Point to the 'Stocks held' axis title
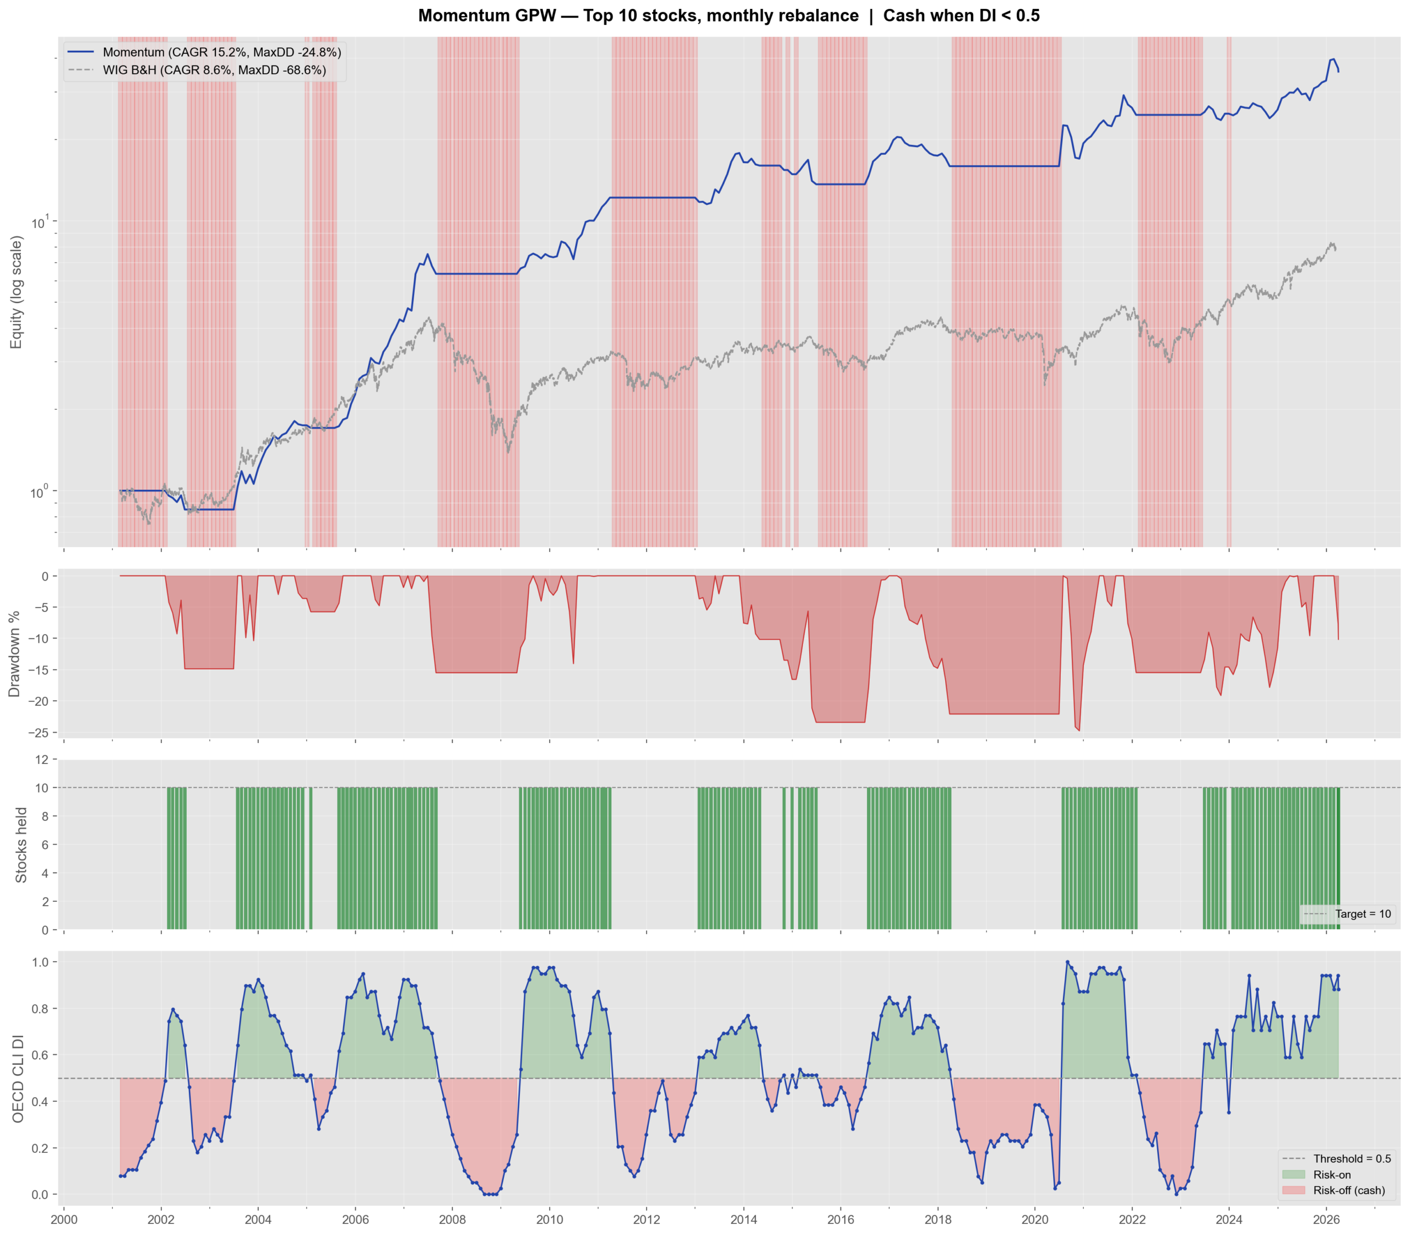(x=21, y=845)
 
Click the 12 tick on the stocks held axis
(x=41, y=760)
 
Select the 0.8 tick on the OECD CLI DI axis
(x=39, y=1008)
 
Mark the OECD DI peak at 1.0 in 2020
(x=1067, y=962)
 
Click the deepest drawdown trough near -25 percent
(x=1079, y=730)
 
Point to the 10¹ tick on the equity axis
(x=39, y=222)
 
